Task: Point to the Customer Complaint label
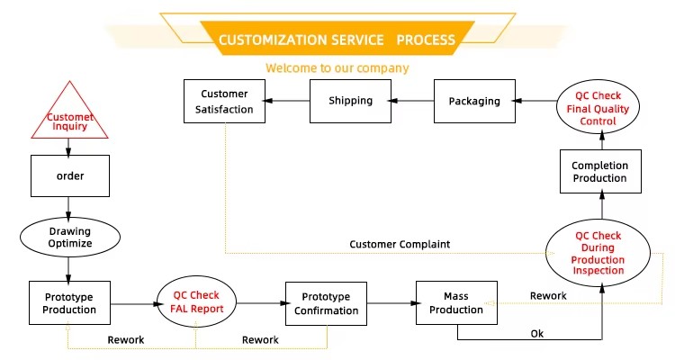(400, 245)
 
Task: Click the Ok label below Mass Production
(536, 334)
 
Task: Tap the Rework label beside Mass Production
(548, 296)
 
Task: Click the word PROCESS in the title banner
(426, 40)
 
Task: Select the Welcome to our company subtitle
(337, 68)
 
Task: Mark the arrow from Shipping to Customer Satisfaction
(288, 101)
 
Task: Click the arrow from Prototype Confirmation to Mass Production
(391, 303)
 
